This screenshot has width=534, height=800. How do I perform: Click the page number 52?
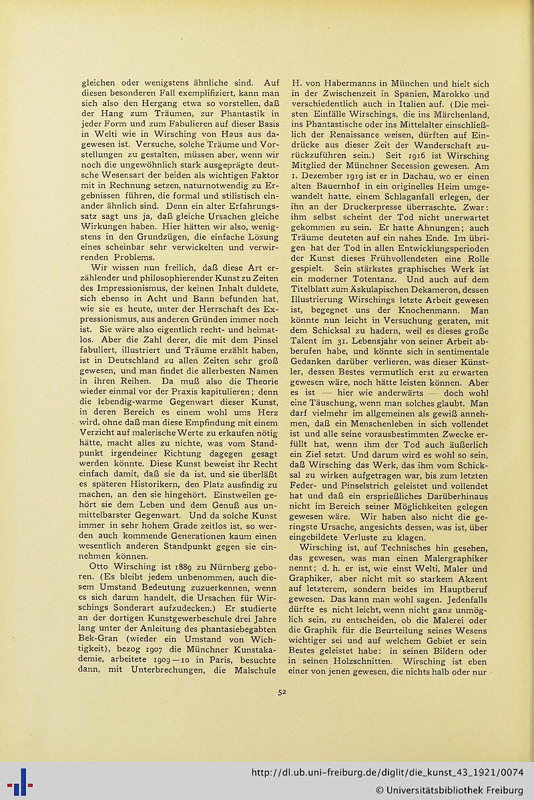[x=282, y=692]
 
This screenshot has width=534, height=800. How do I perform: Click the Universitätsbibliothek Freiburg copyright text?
[x=449, y=791]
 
